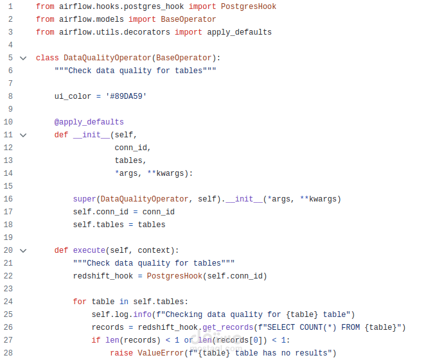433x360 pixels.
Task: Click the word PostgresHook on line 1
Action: [248, 6]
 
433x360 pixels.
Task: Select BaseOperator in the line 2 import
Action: [188, 19]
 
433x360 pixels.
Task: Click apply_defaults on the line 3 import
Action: [239, 32]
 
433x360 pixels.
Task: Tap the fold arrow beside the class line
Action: [23, 58]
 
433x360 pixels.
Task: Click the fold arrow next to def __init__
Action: [23, 135]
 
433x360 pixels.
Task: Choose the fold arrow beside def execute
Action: [23, 250]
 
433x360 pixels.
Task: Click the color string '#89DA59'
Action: [126, 96]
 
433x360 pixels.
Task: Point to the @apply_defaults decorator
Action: [89, 122]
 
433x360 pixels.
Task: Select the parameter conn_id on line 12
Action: [130, 148]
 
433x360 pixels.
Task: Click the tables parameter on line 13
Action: [128, 160]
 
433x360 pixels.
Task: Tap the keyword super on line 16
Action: [84, 199]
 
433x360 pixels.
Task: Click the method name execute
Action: [89, 250]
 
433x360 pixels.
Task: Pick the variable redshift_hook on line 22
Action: [103, 276]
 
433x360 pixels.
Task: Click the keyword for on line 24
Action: [80, 302]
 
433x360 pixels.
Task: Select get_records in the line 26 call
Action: [228, 327]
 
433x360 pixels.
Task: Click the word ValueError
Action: [161, 353]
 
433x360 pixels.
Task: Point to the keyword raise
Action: [121, 353]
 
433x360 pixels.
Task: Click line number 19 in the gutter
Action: [8, 237]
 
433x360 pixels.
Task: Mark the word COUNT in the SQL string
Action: [311, 327]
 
